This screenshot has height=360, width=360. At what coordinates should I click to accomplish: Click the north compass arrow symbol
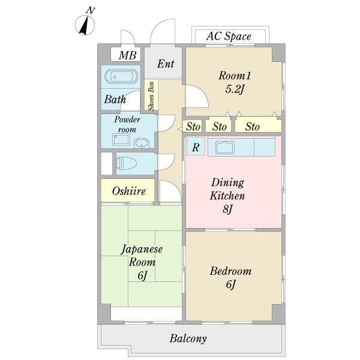click(85, 25)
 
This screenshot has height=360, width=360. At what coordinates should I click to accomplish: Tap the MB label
click(127, 55)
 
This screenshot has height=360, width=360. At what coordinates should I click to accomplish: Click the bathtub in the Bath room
click(121, 76)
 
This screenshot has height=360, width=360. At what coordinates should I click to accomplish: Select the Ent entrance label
click(166, 64)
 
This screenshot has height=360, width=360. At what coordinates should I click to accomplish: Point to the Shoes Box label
click(151, 96)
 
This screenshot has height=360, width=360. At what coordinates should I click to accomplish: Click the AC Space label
click(229, 36)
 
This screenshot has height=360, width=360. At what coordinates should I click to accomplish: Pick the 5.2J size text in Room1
click(235, 89)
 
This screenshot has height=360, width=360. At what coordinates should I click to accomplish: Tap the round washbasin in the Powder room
click(142, 143)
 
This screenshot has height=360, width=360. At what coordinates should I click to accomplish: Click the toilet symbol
click(126, 163)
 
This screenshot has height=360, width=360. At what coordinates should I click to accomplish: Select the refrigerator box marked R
click(196, 146)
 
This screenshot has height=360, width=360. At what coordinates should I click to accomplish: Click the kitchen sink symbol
click(225, 147)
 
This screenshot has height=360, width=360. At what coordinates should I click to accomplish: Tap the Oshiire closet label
click(129, 191)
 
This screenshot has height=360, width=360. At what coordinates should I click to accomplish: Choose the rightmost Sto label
click(253, 127)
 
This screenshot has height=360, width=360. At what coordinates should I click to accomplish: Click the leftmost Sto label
click(193, 127)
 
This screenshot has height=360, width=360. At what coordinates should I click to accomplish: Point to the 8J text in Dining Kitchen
click(228, 209)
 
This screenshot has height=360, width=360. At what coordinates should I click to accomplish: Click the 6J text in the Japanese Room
click(142, 275)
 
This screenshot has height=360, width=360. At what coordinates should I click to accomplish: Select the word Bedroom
click(230, 271)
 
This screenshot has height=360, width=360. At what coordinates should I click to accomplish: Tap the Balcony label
click(188, 338)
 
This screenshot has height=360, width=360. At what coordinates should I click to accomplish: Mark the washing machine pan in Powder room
click(121, 140)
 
